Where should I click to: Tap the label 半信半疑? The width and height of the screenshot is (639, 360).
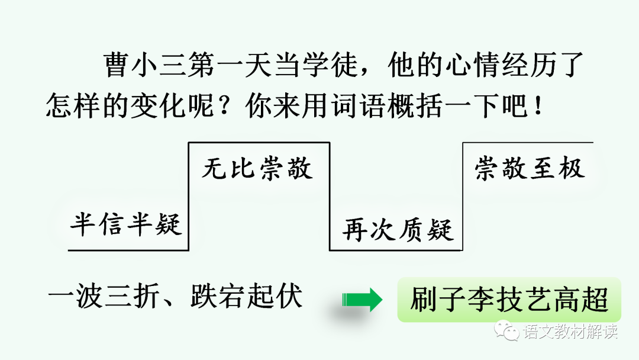point(125,226)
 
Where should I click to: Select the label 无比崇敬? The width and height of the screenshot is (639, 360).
point(257,169)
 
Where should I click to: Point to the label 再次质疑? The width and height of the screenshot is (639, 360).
point(398,229)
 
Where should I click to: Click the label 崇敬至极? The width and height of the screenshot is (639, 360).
point(530,169)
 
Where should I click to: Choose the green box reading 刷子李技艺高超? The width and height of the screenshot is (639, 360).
point(509,300)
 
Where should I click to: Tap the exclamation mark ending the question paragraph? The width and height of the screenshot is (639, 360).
point(538,107)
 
